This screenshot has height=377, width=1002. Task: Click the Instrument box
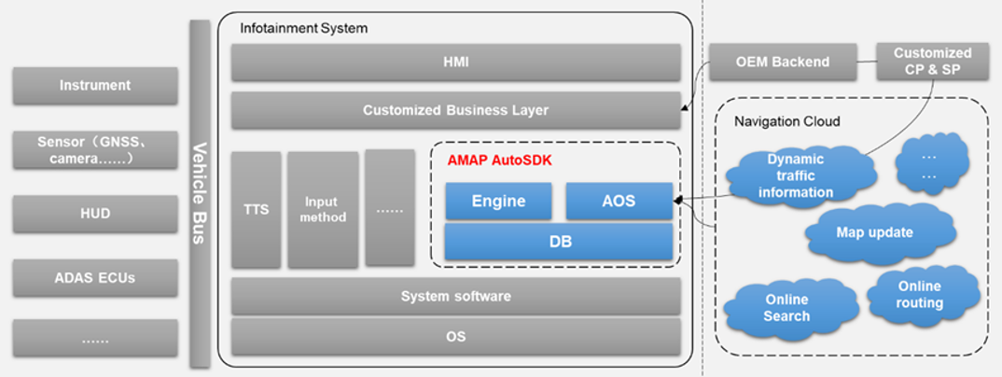[95, 85]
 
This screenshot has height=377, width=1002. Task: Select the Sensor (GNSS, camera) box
[95, 150]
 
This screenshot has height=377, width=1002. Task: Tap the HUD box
[95, 214]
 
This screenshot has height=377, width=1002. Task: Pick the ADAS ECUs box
[95, 277]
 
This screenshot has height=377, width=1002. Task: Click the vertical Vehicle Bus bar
[199, 193]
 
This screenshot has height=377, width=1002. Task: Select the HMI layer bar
[455, 63]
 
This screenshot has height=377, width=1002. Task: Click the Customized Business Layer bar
[455, 110]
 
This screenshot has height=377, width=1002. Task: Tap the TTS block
[256, 209]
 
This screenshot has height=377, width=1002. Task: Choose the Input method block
[323, 209]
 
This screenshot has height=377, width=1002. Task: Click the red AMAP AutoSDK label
[499, 161]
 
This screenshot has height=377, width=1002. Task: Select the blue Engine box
[498, 201]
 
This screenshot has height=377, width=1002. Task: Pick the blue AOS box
[619, 201]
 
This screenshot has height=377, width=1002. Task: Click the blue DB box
[558, 242]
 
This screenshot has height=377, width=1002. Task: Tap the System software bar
[455, 297]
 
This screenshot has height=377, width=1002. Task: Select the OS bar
[455, 336]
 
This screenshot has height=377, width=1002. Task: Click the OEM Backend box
[768, 63]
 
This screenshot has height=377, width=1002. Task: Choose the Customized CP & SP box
[932, 62]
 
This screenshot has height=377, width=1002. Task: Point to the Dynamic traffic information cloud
[795, 176]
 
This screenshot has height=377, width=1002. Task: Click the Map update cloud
[875, 231]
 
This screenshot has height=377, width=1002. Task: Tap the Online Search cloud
[786, 308]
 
